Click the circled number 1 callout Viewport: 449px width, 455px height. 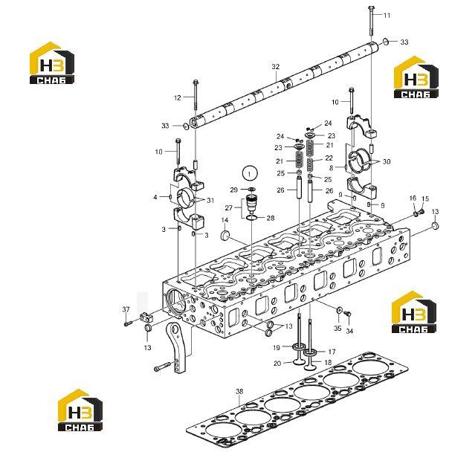250,174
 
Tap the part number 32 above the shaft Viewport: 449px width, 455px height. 276,67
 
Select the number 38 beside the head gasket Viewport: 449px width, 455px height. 239,392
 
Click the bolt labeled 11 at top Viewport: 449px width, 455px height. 371,21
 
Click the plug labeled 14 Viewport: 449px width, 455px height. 225,236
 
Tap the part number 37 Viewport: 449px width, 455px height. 126,309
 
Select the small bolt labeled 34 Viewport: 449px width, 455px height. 348,314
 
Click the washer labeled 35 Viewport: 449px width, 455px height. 339,309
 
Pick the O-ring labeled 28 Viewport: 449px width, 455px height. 251,219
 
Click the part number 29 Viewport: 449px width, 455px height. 233,190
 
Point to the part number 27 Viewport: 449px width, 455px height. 228,207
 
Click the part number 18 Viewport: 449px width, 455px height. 328,362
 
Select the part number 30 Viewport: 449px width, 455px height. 387,161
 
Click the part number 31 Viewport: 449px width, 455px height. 210,201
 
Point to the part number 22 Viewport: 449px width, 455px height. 329,158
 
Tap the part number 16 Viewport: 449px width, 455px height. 413,199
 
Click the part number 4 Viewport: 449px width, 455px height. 155,197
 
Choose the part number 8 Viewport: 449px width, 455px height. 332,168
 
